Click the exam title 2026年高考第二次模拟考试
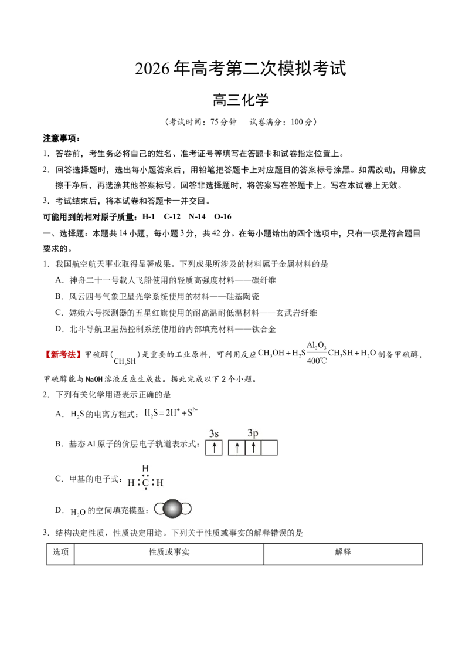(240, 69)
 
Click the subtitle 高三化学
(240, 100)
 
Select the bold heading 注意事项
(62, 138)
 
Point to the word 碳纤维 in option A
(264, 280)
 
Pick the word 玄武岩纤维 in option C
(297, 313)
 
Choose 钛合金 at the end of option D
(264, 329)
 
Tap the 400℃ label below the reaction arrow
(317, 361)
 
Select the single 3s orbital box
(214, 448)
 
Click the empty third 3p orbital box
(269, 448)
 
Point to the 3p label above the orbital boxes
(253, 433)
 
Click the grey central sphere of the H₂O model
(172, 509)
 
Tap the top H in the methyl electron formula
(145, 468)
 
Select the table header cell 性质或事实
(169, 552)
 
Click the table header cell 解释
(343, 552)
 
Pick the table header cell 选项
(60, 552)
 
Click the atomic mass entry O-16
(223, 217)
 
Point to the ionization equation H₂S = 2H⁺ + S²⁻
(171, 413)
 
